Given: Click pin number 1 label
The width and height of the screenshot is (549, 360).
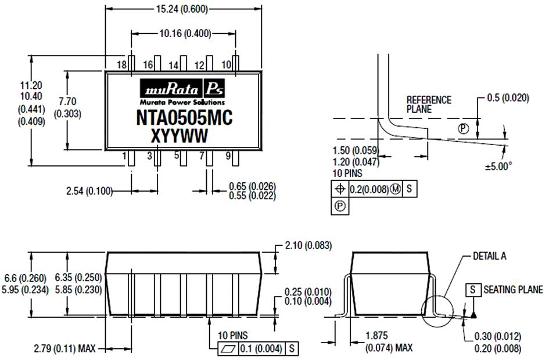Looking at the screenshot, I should coord(124,156).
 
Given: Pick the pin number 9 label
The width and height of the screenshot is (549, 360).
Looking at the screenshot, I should coord(228,156).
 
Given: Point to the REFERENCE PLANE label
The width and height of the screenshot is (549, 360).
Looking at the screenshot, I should coord(429,104).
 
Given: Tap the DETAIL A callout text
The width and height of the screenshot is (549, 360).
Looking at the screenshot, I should coord(490,256).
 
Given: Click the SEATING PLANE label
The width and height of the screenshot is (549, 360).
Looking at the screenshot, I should coord(513,290).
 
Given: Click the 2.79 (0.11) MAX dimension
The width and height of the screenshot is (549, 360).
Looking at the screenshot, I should coord(64,348).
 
